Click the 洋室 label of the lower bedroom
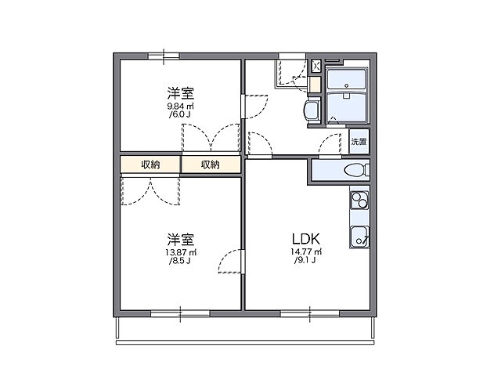[x=180, y=238]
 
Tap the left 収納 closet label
[x=150, y=164]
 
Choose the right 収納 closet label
[x=210, y=164]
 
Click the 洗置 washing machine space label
[x=359, y=142]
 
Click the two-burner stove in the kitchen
[x=359, y=201]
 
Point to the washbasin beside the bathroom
[x=312, y=110]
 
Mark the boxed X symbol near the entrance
[x=316, y=66]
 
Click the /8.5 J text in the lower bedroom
[x=180, y=261]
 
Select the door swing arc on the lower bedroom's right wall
[x=229, y=262]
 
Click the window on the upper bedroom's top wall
[x=164, y=55]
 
